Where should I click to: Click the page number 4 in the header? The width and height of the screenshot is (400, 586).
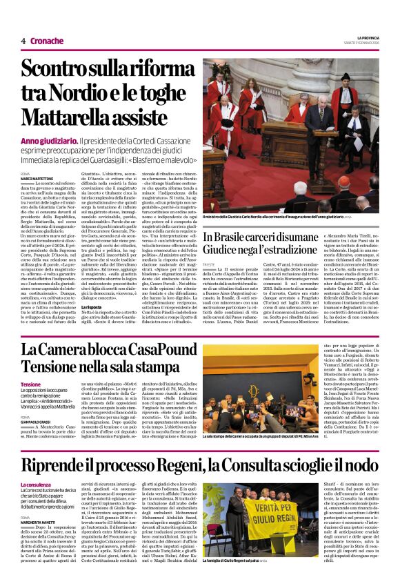tap(23, 41)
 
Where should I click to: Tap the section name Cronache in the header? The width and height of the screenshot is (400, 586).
tap(47, 41)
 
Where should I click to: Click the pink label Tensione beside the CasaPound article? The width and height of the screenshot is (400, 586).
tap(31, 384)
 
